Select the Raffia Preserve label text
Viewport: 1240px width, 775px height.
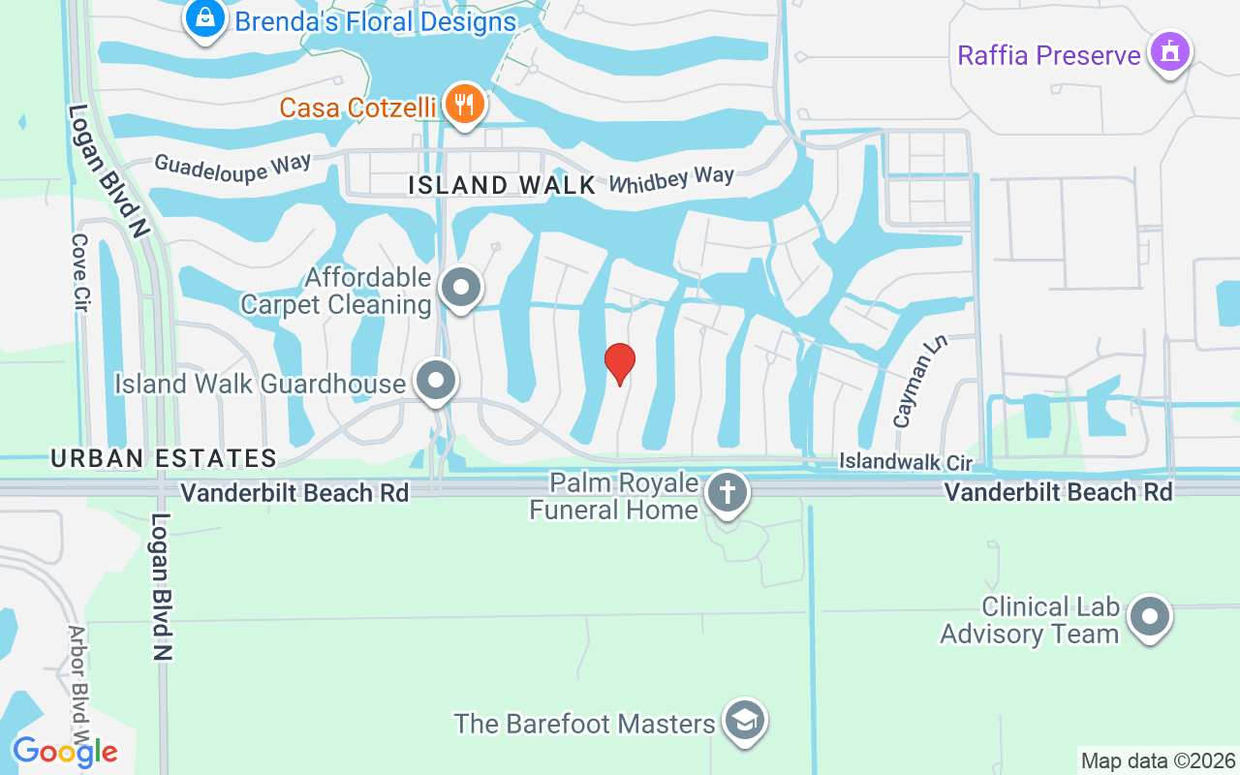[x=1049, y=55]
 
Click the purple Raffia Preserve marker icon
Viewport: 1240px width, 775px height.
[x=1169, y=51]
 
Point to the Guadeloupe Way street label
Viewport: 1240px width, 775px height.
[x=232, y=164]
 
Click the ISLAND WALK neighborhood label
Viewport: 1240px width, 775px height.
[x=502, y=185]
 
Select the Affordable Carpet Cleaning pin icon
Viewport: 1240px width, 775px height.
[x=461, y=288]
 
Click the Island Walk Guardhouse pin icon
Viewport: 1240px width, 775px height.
[x=437, y=381]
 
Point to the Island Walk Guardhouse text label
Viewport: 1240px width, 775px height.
[x=260, y=384]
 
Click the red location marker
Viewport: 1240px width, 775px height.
[x=620, y=363]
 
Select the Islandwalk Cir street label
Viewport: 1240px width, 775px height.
[x=905, y=461]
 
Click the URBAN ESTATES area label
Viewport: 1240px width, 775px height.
[x=164, y=458]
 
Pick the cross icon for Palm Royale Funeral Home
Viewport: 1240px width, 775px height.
[x=728, y=493]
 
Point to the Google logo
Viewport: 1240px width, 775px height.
[x=65, y=751]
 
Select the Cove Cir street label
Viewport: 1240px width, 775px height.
[x=80, y=272]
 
